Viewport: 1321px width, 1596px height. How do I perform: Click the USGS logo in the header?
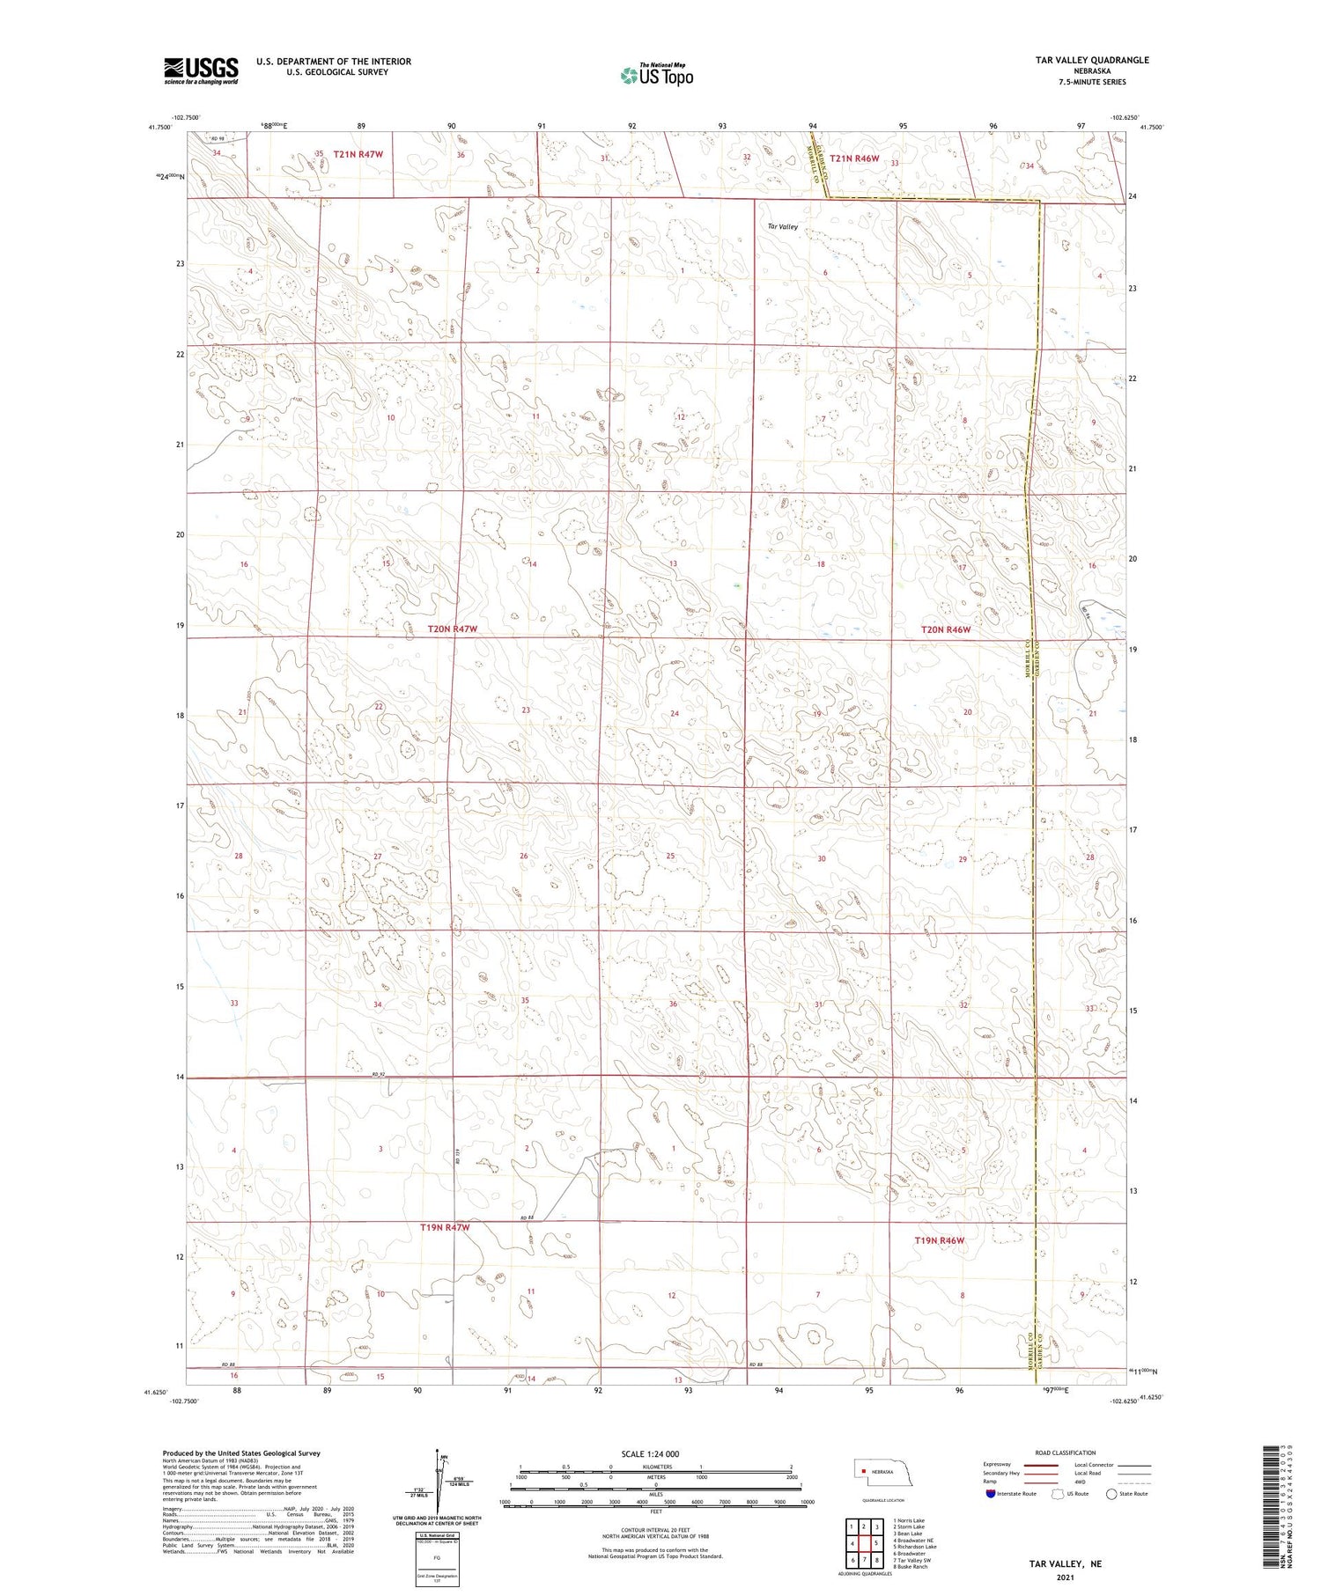coord(201,70)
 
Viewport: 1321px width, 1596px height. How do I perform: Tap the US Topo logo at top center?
coord(656,76)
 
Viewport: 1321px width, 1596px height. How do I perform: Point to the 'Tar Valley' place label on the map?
coord(782,227)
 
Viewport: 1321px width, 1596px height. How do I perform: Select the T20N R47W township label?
coord(452,629)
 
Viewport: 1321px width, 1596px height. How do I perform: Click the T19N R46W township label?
coord(940,1240)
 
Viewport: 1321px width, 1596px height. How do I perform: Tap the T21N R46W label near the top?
coord(854,158)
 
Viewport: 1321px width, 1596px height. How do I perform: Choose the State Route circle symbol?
coord(1112,1494)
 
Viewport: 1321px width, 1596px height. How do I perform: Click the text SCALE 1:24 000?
coord(650,1453)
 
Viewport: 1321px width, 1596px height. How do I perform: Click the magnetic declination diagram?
coord(438,1485)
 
